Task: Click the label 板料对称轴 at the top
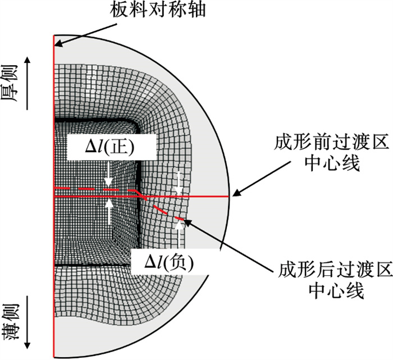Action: click(x=158, y=10)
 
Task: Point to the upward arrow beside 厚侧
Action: click(x=28, y=83)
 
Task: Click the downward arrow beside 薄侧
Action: click(x=28, y=322)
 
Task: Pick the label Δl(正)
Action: click(x=110, y=147)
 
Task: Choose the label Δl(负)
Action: click(x=169, y=263)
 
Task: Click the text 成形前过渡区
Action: click(x=331, y=142)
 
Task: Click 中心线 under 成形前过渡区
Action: click(x=332, y=163)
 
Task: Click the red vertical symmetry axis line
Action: click(x=54, y=196)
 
